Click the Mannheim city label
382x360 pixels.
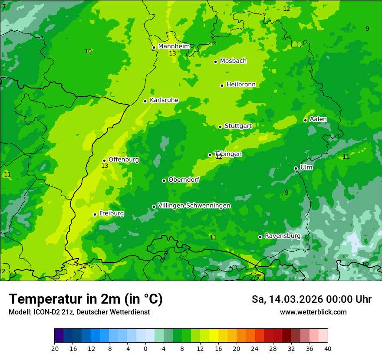point(174,46)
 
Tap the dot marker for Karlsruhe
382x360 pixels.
point(145,101)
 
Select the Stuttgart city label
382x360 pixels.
point(238,126)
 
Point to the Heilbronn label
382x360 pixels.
point(241,85)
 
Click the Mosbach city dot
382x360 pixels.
point(215,62)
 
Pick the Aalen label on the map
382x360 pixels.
point(318,119)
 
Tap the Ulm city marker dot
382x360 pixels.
point(296,168)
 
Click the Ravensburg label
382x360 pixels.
point(283,236)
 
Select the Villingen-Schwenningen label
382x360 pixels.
point(194,206)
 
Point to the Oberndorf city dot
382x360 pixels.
point(164,180)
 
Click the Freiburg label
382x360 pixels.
point(112,213)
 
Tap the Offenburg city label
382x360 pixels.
point(124,160)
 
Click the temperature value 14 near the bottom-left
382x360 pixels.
point(82,267)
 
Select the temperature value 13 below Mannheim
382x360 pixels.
point(172,53)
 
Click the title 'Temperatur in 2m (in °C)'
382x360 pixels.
point(86,299)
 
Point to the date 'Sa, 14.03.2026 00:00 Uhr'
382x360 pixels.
point(312,299)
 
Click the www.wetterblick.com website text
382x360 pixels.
point(313,312)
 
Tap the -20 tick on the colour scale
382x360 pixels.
point(54,349)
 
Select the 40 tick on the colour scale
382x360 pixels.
point(328,349)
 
